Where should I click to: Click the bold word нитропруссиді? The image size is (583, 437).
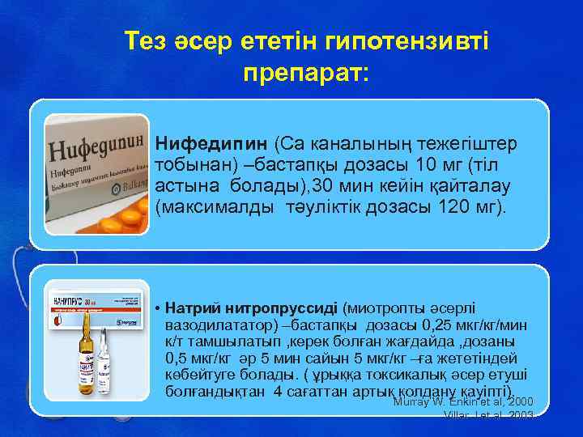[x=289, y=308]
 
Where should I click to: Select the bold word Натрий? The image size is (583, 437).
[x=199, y=308]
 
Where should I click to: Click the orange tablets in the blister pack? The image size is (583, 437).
[x=109, y=218]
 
